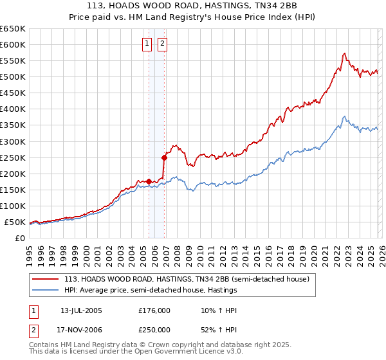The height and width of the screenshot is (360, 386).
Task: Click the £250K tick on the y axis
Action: tap(13, 157)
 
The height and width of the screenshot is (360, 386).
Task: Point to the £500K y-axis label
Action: tap(13, 76)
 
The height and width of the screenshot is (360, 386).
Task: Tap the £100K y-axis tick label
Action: tap(13, 206)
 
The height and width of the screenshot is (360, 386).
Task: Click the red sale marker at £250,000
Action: tap(164, 157)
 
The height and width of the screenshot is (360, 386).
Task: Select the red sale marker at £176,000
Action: tap(149, 181)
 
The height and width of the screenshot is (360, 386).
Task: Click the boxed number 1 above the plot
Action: tap(147, 44)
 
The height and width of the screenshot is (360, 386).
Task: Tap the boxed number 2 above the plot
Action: tap(161, 44)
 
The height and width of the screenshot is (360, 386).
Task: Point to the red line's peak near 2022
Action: tap(345, 53)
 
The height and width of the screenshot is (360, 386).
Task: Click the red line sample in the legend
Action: tap(46, 280)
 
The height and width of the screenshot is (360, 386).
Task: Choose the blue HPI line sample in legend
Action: tap(46, 291)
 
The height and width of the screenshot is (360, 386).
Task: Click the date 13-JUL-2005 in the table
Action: tap(81, 310)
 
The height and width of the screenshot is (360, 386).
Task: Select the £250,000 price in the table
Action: tap(154, 329)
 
